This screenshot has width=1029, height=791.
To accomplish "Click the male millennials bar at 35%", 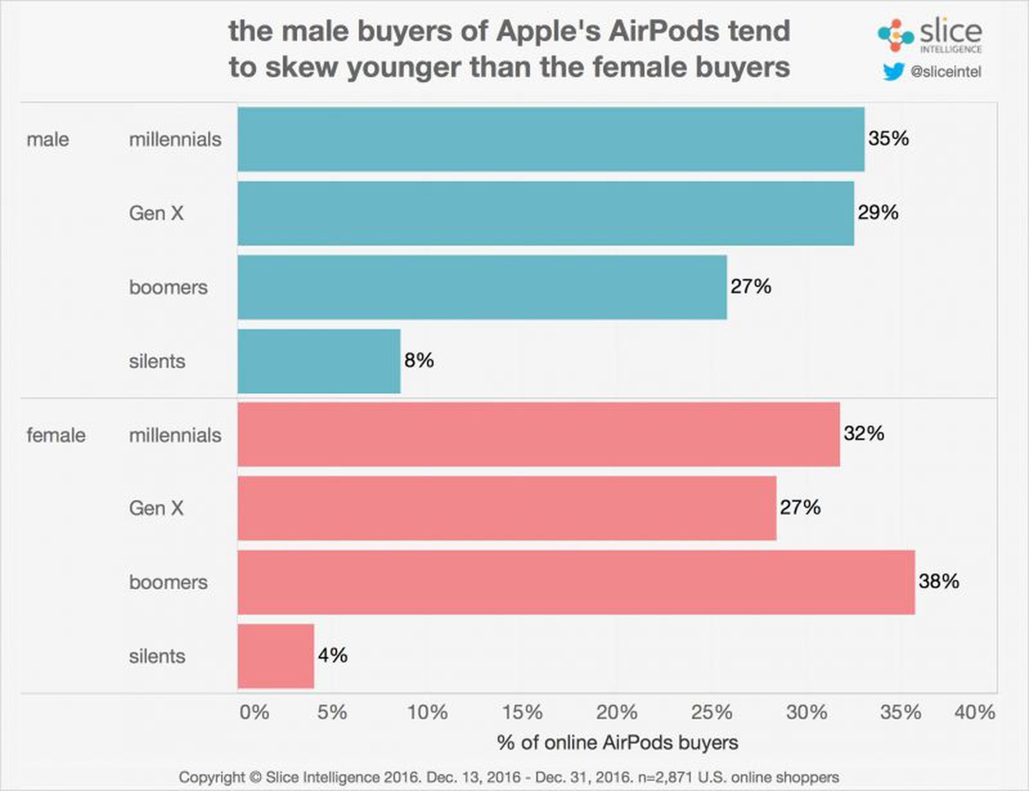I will [551, 139].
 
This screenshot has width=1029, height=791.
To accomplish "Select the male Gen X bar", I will [545, 213].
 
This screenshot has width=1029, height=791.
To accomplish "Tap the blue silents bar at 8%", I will [319, 361].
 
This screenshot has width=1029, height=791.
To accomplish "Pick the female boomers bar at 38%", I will [576, 582].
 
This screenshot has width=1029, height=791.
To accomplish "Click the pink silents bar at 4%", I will [276, 656].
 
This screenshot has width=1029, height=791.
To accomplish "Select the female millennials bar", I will [538, 434].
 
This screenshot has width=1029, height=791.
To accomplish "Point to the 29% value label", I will [877, 212].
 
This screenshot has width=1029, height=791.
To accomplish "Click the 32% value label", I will [864, 433].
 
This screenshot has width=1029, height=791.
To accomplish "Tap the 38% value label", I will [938, 581].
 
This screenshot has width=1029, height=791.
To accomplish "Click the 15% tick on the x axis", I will [522, 712].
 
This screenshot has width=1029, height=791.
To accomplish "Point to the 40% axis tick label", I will [975, 712].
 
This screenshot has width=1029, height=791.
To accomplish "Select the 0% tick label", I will [254, 712].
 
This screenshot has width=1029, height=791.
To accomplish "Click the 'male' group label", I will [48, 140].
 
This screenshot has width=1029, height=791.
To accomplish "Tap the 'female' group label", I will [56, 435].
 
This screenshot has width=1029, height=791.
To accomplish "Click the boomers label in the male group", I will [168, 287].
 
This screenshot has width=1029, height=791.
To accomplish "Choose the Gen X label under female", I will [156, 508].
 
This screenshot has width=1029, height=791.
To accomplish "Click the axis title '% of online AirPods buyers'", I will [617, 742].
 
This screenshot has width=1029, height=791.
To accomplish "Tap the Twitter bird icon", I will [893, 71].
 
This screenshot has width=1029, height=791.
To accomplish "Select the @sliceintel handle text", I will [945, 72].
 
